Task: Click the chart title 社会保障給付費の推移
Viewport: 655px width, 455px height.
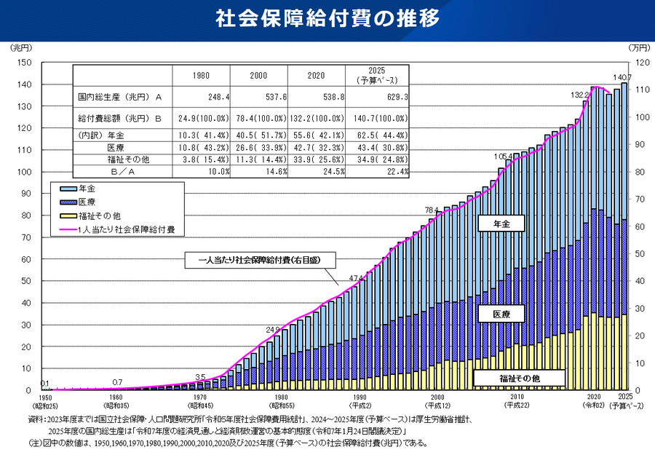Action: point(327,20)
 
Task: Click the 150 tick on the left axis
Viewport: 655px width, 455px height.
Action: point(23,63)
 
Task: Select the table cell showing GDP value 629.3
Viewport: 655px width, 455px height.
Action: point(392,96)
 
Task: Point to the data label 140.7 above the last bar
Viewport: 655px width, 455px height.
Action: point(623,77)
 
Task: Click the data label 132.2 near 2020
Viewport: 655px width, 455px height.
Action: point(579,95)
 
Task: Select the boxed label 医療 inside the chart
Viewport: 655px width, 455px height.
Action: point(501,314)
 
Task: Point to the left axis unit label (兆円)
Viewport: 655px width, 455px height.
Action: point(20,48)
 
